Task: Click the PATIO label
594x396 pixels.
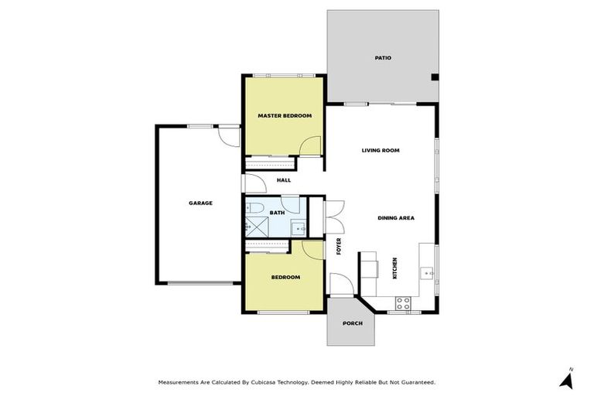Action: point(383,58)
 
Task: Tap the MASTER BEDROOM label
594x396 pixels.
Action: point(285,115)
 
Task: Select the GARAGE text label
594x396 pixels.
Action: point(200,203)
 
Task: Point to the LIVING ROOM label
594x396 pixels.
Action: point(381,150)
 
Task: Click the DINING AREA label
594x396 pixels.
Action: point(396,218)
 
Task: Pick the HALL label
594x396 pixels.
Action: point(284,180)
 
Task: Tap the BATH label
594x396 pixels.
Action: point(278,212)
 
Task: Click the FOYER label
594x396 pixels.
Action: point(339,247)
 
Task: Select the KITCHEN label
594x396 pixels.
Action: point(395,268)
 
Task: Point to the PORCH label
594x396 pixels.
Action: point(352,323)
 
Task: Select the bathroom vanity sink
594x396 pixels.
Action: point(297,227)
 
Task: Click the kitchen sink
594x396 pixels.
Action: point(427,272)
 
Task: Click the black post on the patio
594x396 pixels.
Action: point(435,77)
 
